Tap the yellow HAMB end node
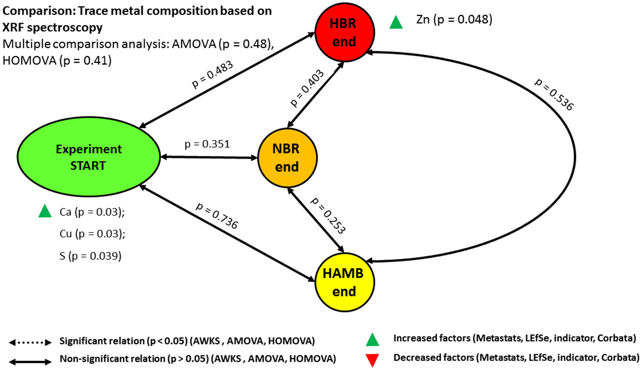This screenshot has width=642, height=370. [x=344, y=281]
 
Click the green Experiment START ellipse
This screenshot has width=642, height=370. [x=89, y=157]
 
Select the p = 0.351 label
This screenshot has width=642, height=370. [x=208, y=145]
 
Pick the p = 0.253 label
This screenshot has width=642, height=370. [x=328, y=215]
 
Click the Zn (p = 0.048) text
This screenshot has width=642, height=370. [x=454, y=20]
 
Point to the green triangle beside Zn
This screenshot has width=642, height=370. [x=396, y=22]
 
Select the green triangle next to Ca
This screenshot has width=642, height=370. [x=45, y=211]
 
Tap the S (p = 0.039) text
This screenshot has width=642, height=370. [x=90, y=256]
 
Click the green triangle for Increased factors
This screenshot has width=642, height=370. [x=373, y=338]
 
